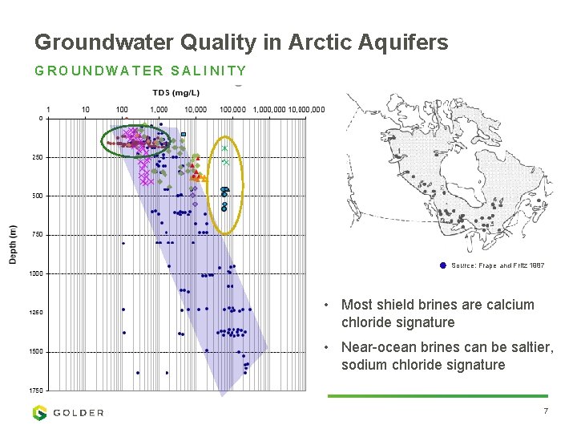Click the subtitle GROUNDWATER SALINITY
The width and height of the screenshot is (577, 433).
[140, 71]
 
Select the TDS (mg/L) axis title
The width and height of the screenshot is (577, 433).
[171, 93]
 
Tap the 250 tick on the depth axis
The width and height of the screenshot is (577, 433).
[37, 157]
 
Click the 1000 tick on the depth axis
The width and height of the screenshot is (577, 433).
[36, 273]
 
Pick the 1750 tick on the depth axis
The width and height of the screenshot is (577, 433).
[36, 390]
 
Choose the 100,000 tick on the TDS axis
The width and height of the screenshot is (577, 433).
[232, 109]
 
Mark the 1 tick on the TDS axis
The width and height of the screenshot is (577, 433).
[50, 109]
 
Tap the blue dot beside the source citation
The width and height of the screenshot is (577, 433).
[443, 265]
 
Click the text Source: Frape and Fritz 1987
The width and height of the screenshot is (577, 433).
[497, 265]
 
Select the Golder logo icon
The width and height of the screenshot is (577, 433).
[39, 412]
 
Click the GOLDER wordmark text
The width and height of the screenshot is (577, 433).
[79, 413]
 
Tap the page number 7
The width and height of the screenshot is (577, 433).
[545, 411]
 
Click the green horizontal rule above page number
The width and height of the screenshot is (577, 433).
[438, 395]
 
